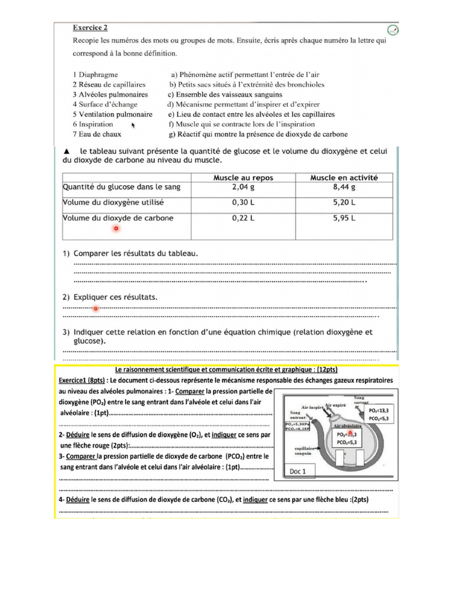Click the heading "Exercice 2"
[x=90, y=27]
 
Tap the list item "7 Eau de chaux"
[x=97, y=134]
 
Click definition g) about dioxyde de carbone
[x=258, y=134]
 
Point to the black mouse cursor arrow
[x=133, y=125]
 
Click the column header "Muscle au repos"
[x=243, y=177]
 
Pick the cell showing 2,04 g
[x=243, y=188]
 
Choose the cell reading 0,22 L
[x=243, y=218]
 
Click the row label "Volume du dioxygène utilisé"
[x=113, y=203]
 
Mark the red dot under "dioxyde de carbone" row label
[x=116, y=228]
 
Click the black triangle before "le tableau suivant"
[x=65, y=151]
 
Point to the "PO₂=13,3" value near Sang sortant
[x=379, y=410]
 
